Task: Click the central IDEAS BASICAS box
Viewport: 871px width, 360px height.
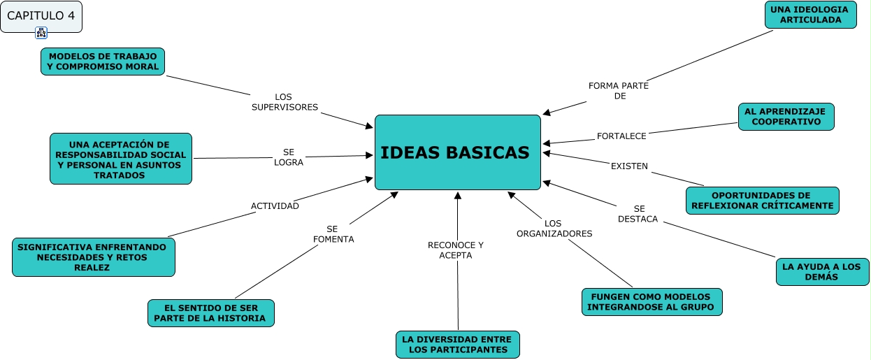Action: click(458, 152)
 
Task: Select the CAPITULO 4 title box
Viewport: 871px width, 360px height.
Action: click(41, 16)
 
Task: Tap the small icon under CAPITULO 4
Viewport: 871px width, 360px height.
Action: click(41, 33)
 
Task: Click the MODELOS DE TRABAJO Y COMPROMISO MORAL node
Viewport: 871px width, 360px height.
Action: click(103, 62)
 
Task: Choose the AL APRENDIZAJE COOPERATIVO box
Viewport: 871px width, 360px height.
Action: click(786, 117)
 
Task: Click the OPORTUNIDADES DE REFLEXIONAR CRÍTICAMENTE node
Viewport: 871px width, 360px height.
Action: click(761, 201)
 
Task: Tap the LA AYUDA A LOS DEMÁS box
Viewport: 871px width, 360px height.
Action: click(822, 272)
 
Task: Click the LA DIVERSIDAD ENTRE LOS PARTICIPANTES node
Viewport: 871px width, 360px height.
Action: click(457, 345)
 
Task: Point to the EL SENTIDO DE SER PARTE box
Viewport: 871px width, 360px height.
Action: click(210, 313)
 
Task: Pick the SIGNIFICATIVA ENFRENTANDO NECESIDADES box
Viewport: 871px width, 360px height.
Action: click(93, 257)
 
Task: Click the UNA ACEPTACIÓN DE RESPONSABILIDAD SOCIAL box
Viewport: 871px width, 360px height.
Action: click(121, 159)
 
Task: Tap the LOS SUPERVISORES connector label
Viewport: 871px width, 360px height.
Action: click(285, 102)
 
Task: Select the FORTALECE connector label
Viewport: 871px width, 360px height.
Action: click(621, 136)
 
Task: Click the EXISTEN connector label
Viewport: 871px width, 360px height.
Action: click(629, 166)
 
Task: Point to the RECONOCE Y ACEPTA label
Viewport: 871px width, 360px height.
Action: click(456, 250)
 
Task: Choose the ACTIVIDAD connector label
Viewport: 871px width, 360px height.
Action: click(275, 206)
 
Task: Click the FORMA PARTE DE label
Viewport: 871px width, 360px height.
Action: click(619, 91)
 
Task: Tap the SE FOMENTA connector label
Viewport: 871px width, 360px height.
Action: click(333, 234)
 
